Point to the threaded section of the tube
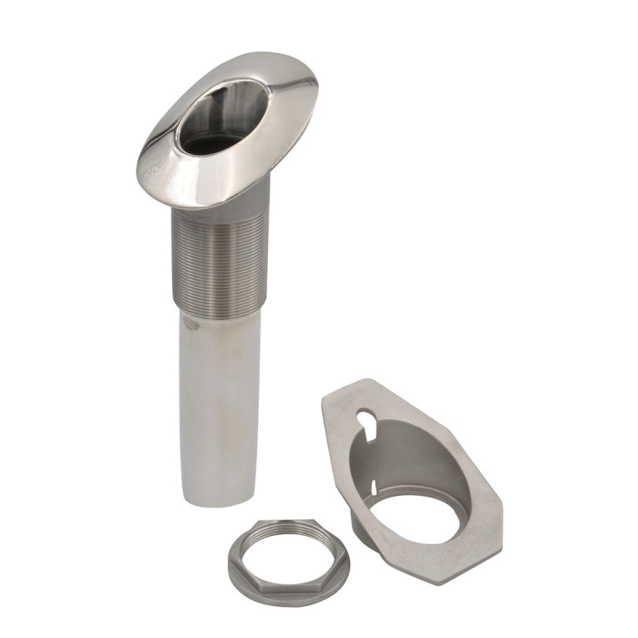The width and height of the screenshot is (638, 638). (219, 264)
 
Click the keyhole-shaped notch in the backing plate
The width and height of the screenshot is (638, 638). (365, 421)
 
